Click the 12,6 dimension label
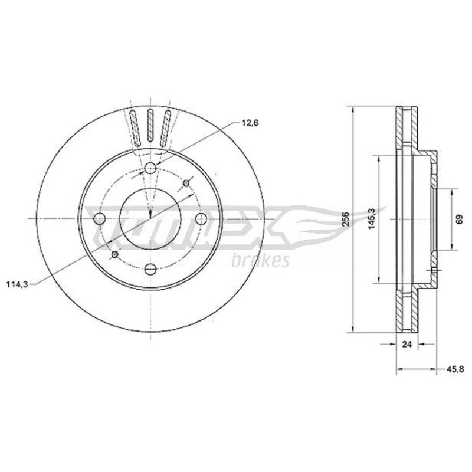click(250, 123)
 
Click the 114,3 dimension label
click(17, 284)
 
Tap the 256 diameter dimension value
click(346, 219)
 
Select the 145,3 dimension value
click(372, 219)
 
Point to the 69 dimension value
click(460, 219)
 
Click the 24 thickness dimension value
click(407, 344)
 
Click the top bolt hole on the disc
click(150, 168)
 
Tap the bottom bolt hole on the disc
click(150, 269)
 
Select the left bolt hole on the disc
click(100, 218)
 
